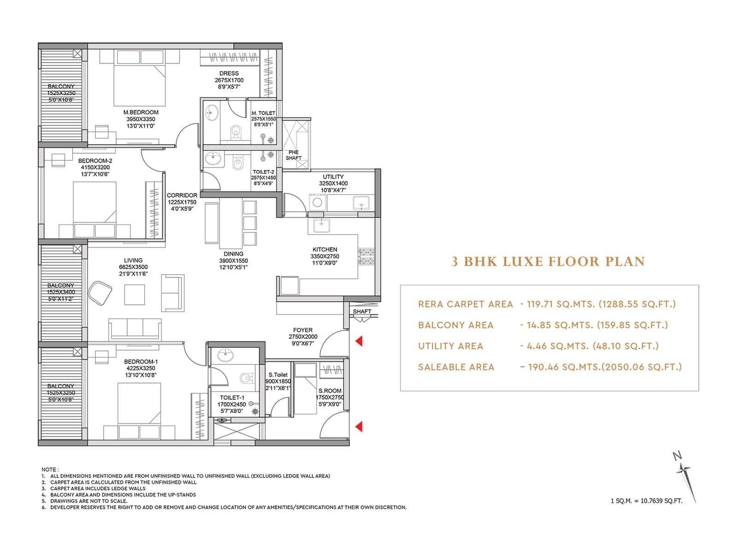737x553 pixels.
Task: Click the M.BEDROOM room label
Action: [140, 112]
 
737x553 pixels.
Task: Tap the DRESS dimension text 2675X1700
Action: [229, 80]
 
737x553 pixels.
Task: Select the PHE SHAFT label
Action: [293, 155]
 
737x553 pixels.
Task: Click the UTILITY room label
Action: [333, 176]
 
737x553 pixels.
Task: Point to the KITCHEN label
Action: [325, 249]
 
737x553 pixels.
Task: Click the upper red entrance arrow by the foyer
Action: [359, 341]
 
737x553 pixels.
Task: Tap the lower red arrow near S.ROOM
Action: [359, 426]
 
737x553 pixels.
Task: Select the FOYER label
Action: [303, 330]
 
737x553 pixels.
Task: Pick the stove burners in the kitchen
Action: [367, 257]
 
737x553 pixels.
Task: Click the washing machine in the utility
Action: [317, 202]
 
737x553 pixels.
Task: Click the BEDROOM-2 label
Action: [95, 161]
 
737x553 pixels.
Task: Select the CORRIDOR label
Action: [182, 195]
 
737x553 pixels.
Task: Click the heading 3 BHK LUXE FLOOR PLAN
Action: [548, 261]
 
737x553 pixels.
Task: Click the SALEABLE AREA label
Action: [456, 367]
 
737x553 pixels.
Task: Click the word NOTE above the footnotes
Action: [49, 470]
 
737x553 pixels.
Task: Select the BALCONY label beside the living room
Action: [60, 285]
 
